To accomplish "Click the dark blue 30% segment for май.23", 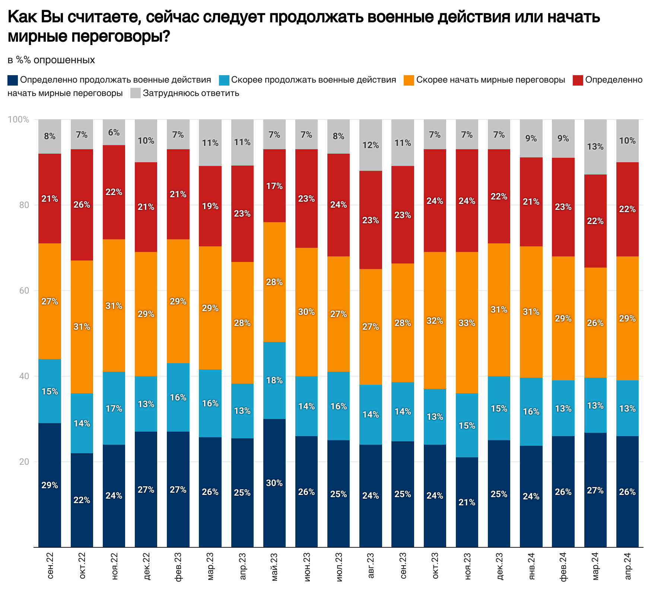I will (x=274, y=483).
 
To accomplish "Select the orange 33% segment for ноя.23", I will (x=467, y=323).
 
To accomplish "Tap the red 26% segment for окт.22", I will (x=82, y=205).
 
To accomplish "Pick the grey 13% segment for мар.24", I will (x=595, y=147).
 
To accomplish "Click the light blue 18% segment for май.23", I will (x=274, y=380).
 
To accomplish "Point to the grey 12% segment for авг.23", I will (x=371, y=145).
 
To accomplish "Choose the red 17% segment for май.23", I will (x=274, y=186).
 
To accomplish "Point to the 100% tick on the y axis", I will (x=19, y=119).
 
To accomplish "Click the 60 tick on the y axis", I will (x=24, y=291).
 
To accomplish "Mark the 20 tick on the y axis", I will (x=24, y=462).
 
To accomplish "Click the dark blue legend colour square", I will (x=13, y=80).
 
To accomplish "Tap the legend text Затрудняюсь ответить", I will (x=191, y=93).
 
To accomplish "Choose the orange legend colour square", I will (x=409, y=80).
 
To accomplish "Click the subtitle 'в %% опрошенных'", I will (x=51, y=60).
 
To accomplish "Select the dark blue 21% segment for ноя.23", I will (x=467, y=502).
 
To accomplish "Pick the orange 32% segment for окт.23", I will (x=435, y=320).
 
